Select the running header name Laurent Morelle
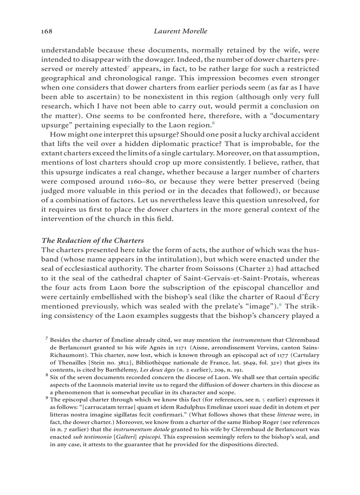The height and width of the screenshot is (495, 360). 180,31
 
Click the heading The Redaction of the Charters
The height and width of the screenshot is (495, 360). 92,240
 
